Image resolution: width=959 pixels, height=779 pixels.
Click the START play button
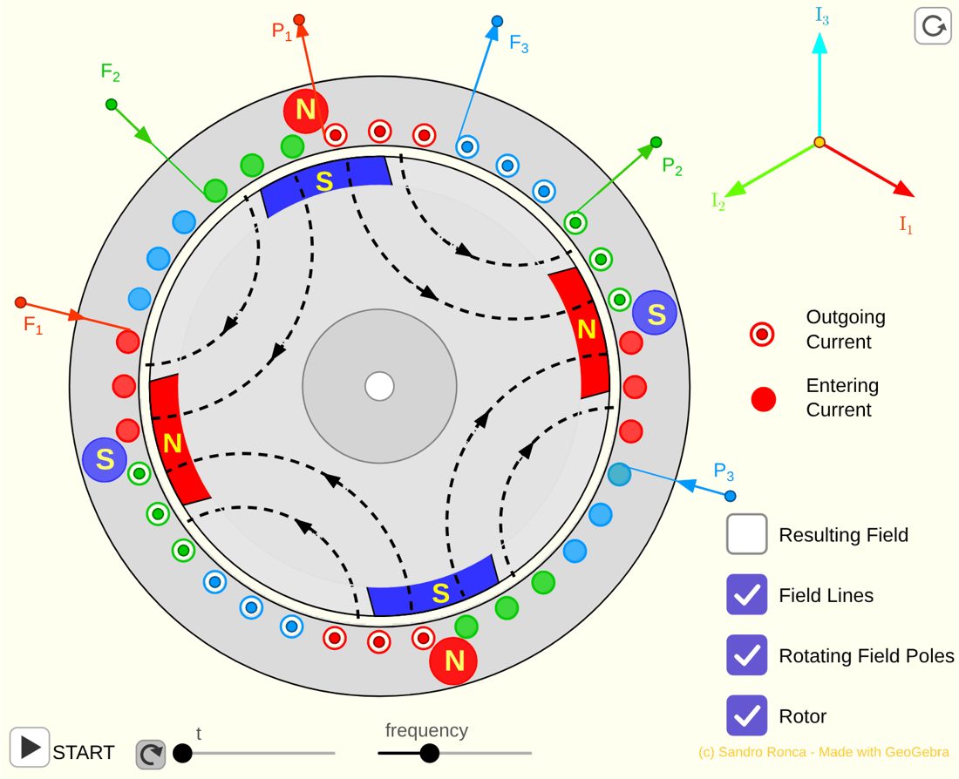coord(30,748)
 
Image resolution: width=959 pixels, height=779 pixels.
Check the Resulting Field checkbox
coord(747,534)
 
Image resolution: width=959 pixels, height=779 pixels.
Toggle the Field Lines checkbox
coord(747,594)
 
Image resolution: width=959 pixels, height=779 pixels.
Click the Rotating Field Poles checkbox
coord(747,655)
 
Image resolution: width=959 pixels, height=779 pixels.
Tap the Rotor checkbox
coord(747,715)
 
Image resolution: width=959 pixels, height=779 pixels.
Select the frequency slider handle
coord(429,753)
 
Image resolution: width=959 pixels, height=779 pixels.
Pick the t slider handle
coord(182,753)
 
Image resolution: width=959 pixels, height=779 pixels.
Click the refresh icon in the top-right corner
coord(933,26)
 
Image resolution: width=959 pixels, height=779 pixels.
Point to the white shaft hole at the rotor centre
coord(379,386)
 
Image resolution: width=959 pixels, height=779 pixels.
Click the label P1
coord(282,31)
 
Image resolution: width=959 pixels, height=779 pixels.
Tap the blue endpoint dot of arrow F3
coord(497,22)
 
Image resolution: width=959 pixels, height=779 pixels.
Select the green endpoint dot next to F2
coord(112,105)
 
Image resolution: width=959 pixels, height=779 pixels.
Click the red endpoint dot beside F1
coord(20,302)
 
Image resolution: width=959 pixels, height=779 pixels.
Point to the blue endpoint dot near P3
coord(731,496)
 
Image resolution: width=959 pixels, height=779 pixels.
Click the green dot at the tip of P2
coord(656,143)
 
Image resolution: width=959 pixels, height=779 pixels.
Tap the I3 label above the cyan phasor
coord(822,16)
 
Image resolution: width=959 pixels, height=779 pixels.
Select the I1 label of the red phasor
coord(906,226)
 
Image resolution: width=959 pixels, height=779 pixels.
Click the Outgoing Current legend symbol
coord(762,335)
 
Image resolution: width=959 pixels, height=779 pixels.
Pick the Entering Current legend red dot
coord(763,399)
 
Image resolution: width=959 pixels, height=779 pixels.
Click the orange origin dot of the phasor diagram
coord(820,143)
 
